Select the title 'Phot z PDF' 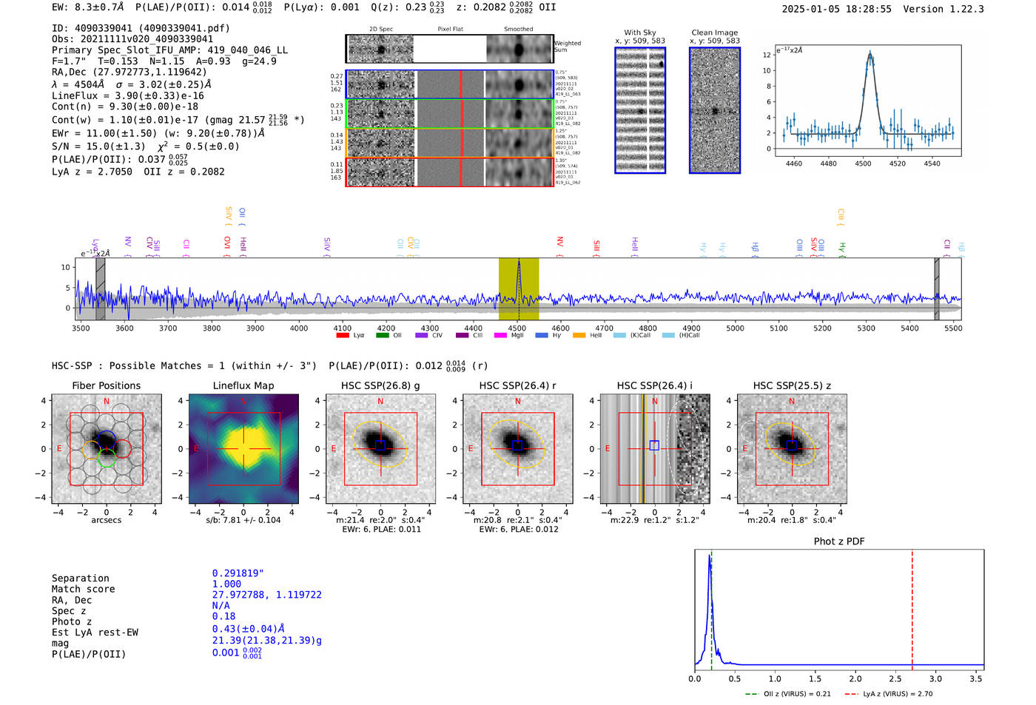(839, 541)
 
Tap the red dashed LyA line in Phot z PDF (912, 607)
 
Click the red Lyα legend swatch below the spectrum (343, 335)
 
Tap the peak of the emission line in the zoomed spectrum (869, 53)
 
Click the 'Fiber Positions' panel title (106, 385)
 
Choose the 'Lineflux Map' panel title (243, 385)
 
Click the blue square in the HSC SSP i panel (654, 445)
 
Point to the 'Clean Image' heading (714, 33)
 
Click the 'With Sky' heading (640, 33)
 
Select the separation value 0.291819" (238, 573)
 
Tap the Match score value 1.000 (226, 584)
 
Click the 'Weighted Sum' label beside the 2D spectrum (568, 47)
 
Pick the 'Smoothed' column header (518, 29)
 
